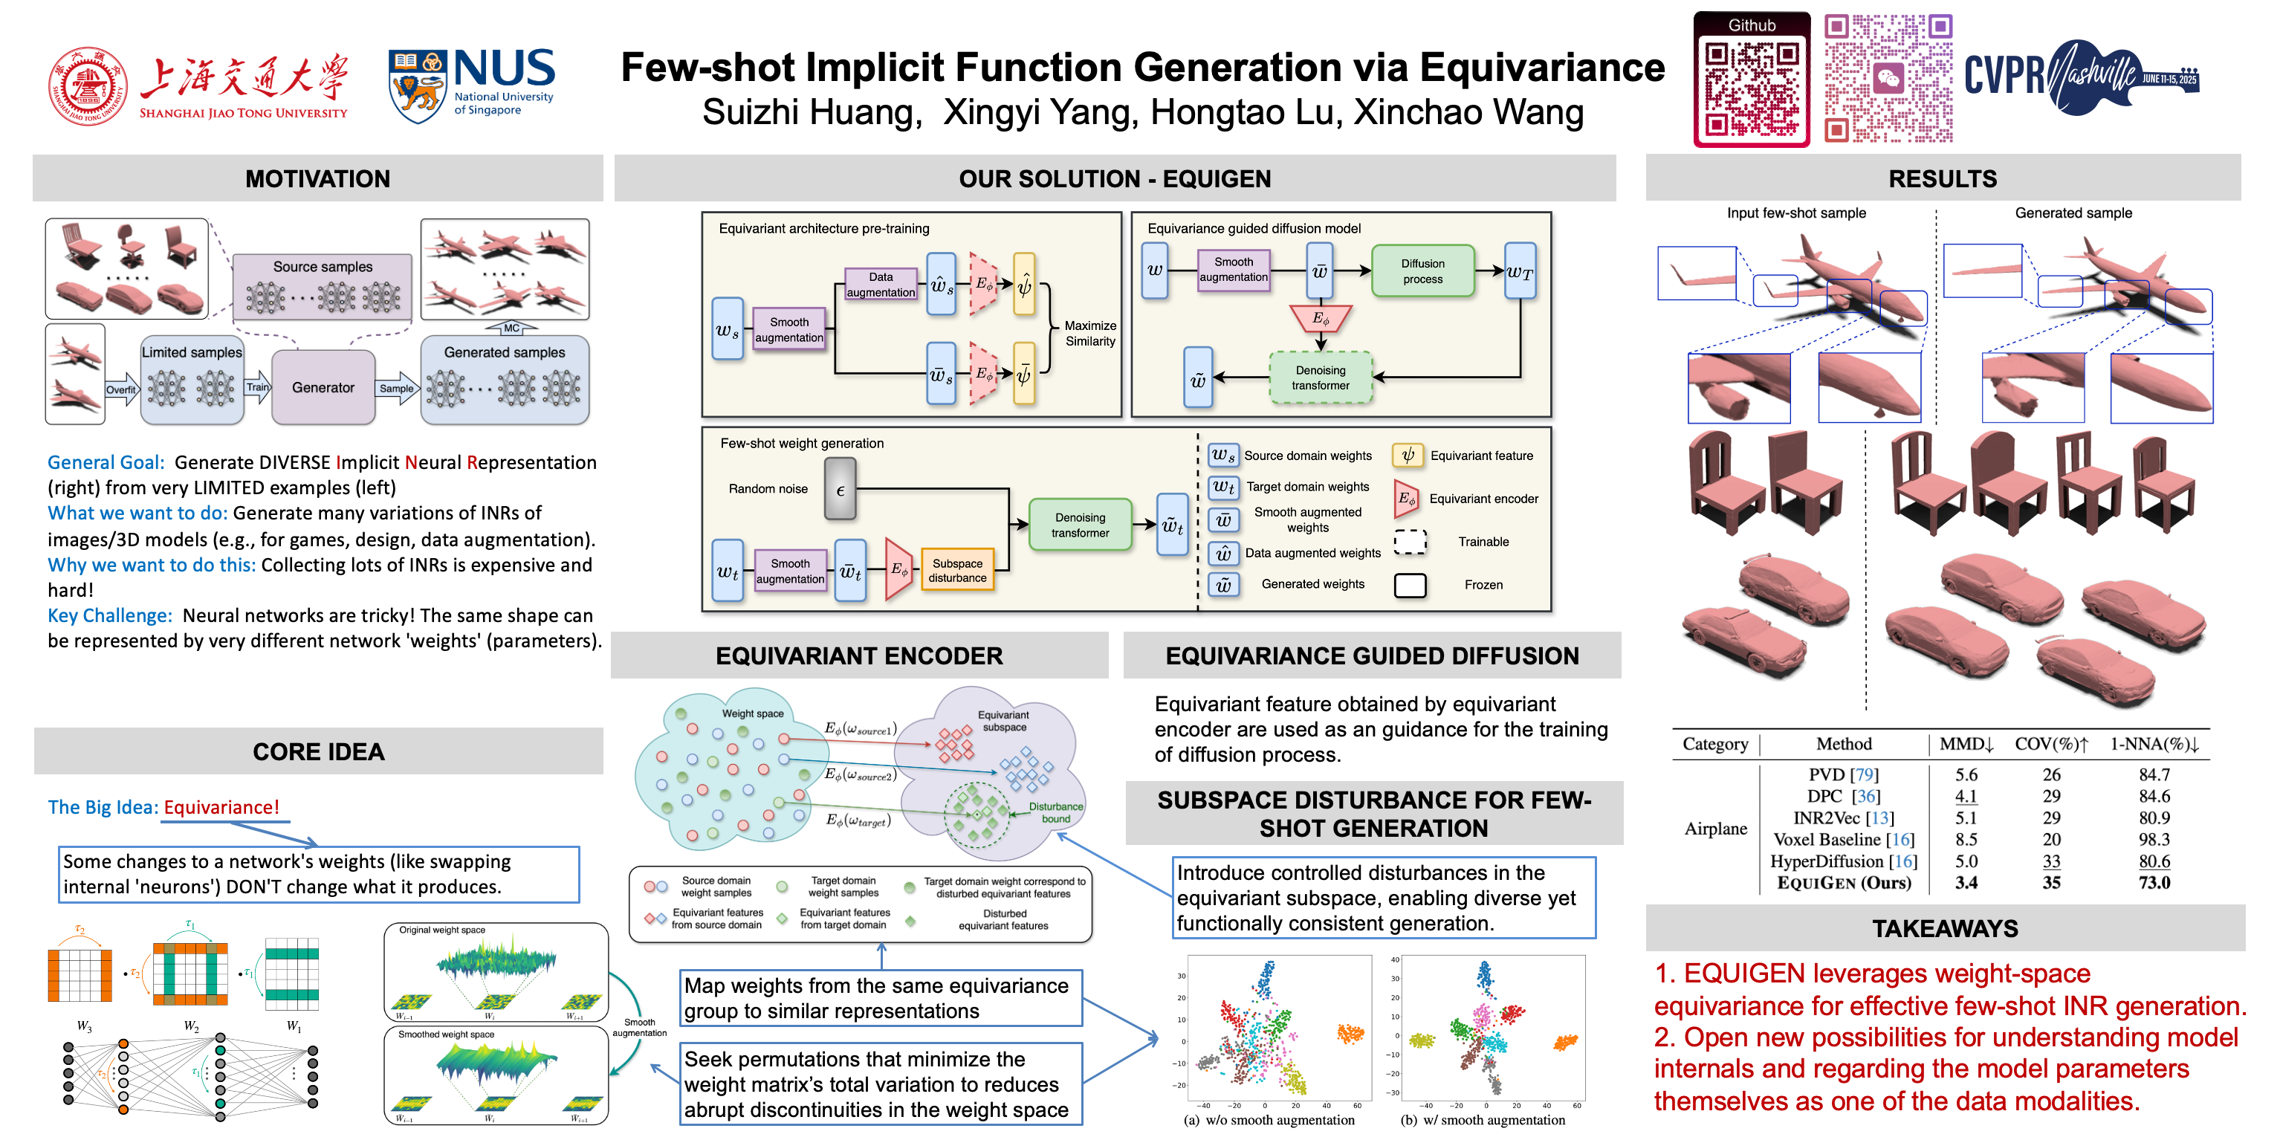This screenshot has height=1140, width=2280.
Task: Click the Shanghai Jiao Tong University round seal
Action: point(88,86)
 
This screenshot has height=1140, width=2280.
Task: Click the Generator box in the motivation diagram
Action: point(323,388)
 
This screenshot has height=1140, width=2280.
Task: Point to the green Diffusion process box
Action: point(1422,271)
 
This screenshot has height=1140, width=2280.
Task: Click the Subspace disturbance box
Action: point(956,571)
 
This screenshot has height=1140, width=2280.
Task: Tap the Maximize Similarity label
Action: point(1089,334)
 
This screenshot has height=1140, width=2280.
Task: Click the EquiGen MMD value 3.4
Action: point(1966,882)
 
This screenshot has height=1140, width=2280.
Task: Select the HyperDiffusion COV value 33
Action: point(2051,861)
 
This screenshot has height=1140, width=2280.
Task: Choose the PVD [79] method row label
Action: point(1843,774)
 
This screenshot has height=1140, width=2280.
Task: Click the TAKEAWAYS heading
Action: point(1945,928)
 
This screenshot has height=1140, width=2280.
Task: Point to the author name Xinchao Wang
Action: point(1468,112)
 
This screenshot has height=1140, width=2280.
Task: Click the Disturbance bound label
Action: point(1055,812)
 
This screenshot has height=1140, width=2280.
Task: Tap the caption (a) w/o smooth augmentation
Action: point(1269,1121)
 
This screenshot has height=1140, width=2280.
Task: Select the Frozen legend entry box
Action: point(1410,585)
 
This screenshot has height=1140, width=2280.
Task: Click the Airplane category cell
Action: point(1715,829)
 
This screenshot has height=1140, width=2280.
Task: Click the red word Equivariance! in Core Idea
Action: point(221,807)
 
